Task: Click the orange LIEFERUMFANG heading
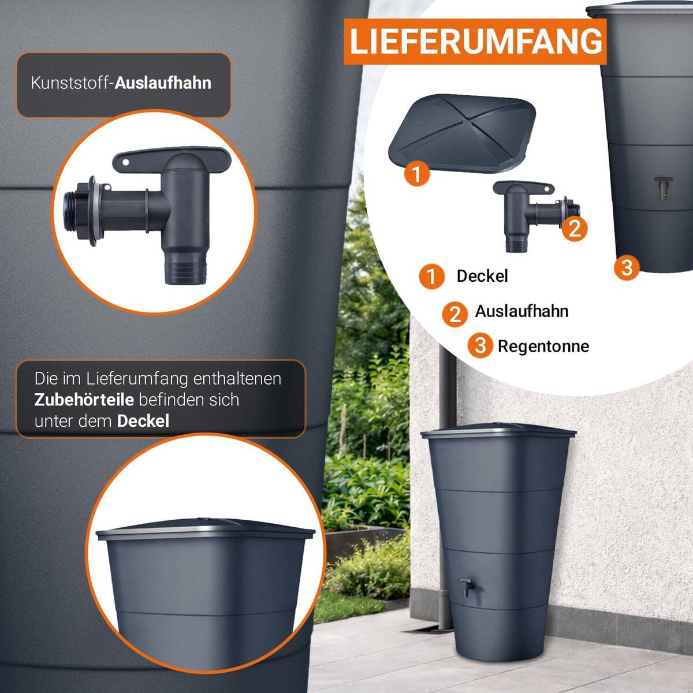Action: pos(475,42)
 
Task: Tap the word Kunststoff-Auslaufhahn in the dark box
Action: pos(121,83)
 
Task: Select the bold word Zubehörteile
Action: pos(84,400)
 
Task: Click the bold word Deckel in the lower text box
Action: pos(143,421)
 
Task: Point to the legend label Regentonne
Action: pos(543,346)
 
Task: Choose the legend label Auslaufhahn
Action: pos(521,311)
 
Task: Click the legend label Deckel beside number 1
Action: pos(482,276)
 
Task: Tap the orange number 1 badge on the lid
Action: pos(417,173)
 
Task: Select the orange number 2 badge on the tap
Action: pos(574,228)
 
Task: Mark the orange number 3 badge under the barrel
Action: pos(627,267)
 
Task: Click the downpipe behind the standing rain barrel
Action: pos(445,491)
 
